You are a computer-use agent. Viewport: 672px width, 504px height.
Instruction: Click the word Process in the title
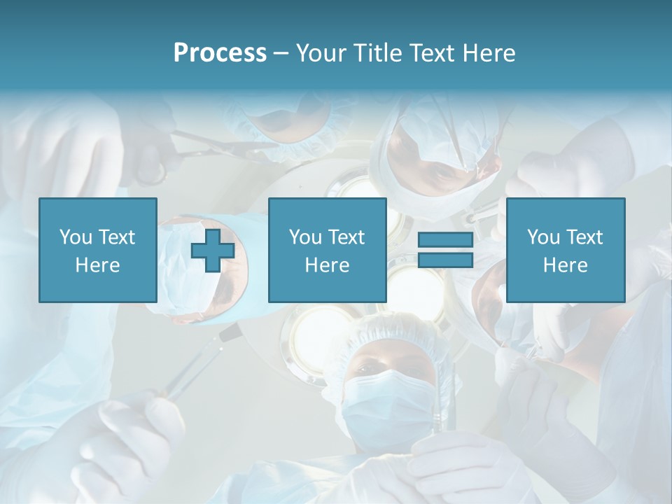pyautogui.click(x=220, y=53)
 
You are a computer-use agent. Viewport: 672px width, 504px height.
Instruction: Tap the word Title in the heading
pyautogui.click(x=379, y=53)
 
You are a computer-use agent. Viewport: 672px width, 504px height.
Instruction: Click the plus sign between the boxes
pyautogui.click(x=213, y=251)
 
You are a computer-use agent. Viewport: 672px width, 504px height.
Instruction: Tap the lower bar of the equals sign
pyautogui.click(x=445, y=260)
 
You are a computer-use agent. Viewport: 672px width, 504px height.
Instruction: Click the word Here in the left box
pyautogui.click(x=97, y=265)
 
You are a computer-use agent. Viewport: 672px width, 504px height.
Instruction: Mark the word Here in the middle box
pyautogui.click(x=327, y=265)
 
